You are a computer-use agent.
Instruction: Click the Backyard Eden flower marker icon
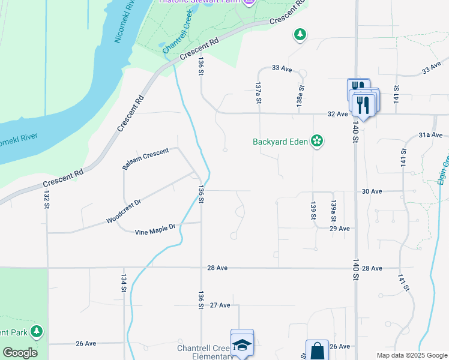coord(317,142)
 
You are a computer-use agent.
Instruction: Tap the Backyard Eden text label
coord(280,142)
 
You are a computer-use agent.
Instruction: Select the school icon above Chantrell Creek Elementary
coord(241,344)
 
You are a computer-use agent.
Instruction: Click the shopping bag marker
coord(316,350)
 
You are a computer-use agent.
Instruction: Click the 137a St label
coord(258,93)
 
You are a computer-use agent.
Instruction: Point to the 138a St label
coord(301,95)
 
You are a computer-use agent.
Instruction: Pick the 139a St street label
coord(334,211)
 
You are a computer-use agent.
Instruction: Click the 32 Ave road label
coord(337,113)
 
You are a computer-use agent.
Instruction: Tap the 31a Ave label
coord(430,135)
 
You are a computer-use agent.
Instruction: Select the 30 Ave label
coord(372,191)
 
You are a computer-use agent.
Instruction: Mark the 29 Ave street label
coord(339,229)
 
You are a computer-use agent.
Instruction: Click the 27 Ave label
coord(220,305)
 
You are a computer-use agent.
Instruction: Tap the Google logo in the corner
coord(20,353)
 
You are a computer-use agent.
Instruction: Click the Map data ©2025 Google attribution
coord(412,355)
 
